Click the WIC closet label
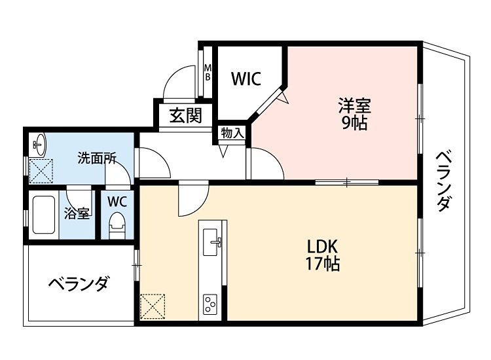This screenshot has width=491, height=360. tap(247, 79)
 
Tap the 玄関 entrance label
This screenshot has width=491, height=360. tap(185, 116)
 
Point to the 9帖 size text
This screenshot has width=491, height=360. tap(354, 123)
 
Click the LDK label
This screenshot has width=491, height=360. tap(322, 247)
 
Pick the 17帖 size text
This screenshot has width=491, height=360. tap(322, 264)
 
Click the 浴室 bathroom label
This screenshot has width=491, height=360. tap(77, 213)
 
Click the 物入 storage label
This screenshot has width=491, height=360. tap(232, 133)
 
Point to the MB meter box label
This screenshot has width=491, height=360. tap(208, 72)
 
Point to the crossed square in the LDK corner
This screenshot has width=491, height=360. tap(153, 306)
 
